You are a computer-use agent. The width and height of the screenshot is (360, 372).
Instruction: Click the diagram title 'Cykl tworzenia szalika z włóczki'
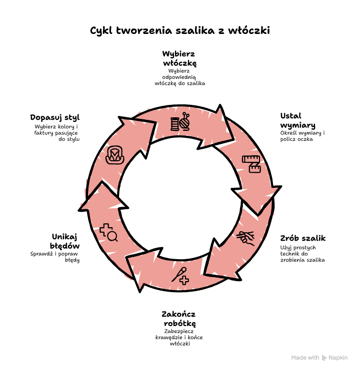point(180,31)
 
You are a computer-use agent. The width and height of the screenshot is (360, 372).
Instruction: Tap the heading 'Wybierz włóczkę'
point(179,58)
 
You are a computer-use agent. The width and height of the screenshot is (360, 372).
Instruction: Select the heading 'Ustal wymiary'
point(297,120)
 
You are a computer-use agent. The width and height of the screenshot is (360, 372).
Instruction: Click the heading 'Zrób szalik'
point(302,238)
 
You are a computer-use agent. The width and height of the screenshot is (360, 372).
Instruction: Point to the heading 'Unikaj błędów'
point(65,241)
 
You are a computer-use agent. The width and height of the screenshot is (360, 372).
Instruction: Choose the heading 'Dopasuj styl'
point(55,117)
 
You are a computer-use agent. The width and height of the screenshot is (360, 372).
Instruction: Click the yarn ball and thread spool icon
point(180,122)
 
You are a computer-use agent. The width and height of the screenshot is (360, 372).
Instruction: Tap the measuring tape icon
point(251,164)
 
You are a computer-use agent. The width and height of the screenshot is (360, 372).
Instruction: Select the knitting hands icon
point(245,238)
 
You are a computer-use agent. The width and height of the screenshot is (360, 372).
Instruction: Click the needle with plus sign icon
point(180,276)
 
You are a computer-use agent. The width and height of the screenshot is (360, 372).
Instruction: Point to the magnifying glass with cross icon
point(108,232)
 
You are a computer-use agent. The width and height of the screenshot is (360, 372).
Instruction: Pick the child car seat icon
point(115,155)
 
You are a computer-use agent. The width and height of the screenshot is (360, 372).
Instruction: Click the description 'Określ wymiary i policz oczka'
point(302,136)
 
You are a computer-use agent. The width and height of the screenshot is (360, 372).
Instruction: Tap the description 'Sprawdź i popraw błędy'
point(55,257)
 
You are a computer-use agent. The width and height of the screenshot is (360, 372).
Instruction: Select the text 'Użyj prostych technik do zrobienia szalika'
point(302,254)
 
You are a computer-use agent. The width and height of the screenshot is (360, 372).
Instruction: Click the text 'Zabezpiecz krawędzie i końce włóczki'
point(179,338)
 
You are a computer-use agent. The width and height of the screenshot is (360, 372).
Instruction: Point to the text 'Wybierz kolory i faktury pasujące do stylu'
point(56,133)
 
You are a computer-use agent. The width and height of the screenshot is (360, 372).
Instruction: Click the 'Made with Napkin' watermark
point(319,358)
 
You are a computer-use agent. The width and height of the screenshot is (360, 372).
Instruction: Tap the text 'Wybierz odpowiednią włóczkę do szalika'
point(180,77)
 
